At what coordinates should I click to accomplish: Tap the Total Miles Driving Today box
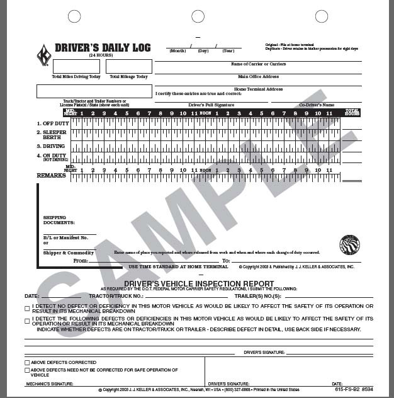(76, 67)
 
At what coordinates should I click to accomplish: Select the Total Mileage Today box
(128, 67)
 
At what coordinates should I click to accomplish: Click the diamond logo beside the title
(44, 54)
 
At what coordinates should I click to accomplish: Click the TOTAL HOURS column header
(352, 113)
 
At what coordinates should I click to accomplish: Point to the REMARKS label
(51, 176)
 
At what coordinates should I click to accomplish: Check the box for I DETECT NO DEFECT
(27, 307)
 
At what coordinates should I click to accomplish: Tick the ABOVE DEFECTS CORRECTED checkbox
(27, 363)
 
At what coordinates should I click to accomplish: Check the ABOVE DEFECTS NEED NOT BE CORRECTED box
(27, 370)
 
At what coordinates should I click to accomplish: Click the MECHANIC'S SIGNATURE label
(47, 384)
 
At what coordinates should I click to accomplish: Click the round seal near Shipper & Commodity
(349, 244)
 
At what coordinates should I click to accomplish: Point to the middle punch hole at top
(197, 16)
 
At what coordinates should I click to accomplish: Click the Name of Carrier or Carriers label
(258, 64)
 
